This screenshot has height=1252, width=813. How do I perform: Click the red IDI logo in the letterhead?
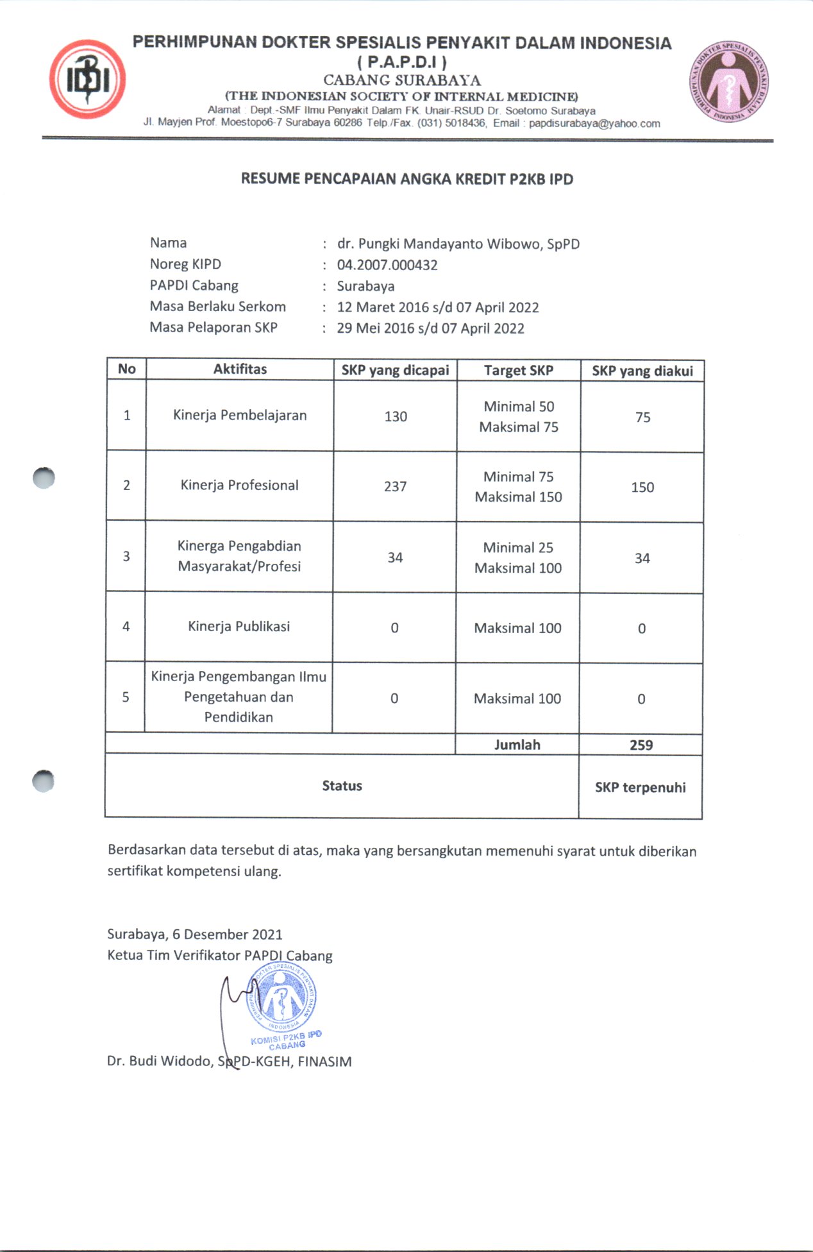pos(87,80)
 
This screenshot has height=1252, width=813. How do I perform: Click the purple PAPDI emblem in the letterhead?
pos(729,83)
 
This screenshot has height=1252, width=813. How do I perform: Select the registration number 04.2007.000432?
pos(387,265)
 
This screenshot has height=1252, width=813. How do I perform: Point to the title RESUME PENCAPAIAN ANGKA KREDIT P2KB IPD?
pos(406,179)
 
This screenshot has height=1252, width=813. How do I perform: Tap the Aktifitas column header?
pos(240,369)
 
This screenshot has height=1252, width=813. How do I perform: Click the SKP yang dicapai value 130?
pos(396,416)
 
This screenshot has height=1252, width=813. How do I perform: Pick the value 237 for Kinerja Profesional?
pos(395,486)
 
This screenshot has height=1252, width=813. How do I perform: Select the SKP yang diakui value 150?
pos(642,487)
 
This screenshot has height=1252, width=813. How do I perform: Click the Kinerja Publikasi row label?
pos(239,626)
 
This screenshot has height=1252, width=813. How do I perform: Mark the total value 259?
pos(641,745)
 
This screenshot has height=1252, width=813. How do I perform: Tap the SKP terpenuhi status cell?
pos(640,787)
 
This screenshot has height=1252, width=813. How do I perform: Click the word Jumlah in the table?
pos(517,745)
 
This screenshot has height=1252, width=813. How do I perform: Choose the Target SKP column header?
pos(518,370)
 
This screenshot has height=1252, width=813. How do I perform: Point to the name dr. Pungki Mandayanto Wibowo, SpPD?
pos(458,244)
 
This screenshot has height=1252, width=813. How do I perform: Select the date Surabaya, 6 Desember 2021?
pos(194,934)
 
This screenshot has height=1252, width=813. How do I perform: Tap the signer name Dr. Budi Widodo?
pos(160,1061)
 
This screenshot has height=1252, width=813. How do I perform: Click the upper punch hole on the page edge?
pos(44,478)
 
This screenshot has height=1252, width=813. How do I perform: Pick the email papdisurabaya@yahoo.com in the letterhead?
pos(594,123)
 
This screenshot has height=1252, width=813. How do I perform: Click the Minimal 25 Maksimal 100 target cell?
pos(518,557)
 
